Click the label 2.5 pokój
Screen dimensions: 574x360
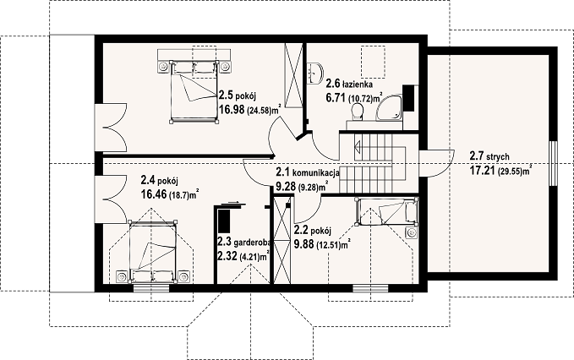pyautogui.click(x=237, y=96)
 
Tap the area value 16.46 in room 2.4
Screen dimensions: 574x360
pyautogui.click(x=154, y=194)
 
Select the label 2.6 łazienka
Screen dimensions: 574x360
pyautogui.click(x=350, y=85)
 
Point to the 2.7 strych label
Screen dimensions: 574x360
pyautogui.click(x=489, y=157)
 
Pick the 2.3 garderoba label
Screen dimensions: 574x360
pyautogui.click(x=243, y=242)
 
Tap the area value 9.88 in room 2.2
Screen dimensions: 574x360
pyautogui.click(x=303, y=244)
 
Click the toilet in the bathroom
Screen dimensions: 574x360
pyautogui.click(x=356, y=112)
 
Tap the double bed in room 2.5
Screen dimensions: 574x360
pyautogui.click(x=194, y=91)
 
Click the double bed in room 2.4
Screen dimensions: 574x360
pyautogui.click(x=152, y=252)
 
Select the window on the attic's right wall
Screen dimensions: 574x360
pyautogui.click(x=553, y=163)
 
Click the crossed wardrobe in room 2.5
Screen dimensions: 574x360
pyautogui.click(x=293, y=75)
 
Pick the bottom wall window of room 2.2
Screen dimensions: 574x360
pyautogui.click(x=369, y=288)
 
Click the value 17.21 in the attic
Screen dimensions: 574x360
pyautogui.click(x=483, y=170)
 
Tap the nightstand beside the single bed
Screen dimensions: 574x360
pyautogui.click(x=412, y=232)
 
